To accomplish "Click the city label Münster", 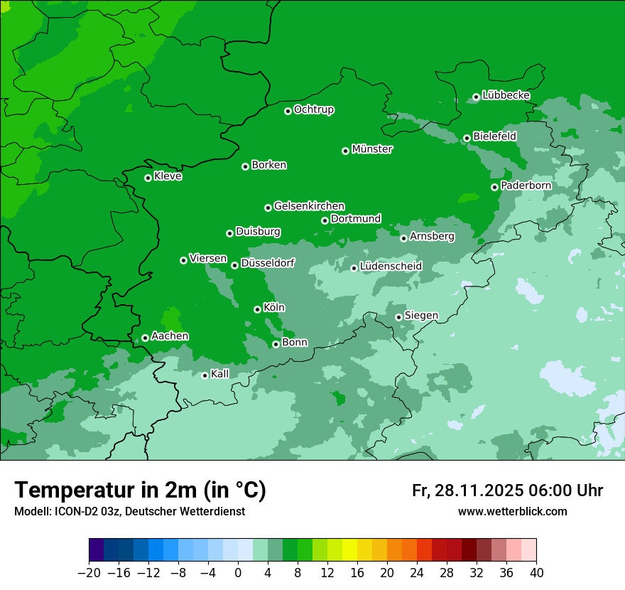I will coord(372,149).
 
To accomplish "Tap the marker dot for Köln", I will coord(257,309).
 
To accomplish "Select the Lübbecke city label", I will coord(506,95).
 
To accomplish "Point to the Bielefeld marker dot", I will coord(467,138).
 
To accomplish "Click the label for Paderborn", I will coord(526,186).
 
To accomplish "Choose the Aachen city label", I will coord(170,336).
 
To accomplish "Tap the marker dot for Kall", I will coord(205,375).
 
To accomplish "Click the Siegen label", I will coord(421,316).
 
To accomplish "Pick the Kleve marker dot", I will coord(148,178).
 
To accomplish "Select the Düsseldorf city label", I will coord(267,264).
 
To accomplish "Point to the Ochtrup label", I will coord(314,109).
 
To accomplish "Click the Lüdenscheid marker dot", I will coord(354,268).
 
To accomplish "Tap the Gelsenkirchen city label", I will coord(309,206).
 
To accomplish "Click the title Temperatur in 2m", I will coord(140,490).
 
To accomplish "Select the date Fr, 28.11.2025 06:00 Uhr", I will coord(507,490).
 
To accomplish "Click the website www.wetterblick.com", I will coord(512,512).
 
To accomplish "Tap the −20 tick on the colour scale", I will coord(89,573).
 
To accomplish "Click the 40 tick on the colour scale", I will coord(536,573).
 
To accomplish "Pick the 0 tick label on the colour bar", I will coord(238,573).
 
